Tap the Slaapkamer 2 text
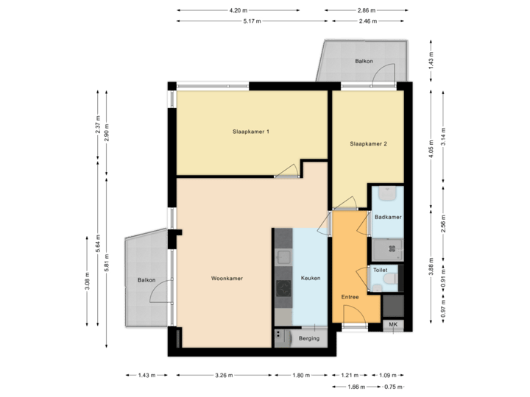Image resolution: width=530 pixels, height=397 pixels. click(368, 144)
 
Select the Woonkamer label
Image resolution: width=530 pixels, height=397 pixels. click(227, 279)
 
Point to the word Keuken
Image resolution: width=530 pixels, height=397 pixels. click(311, 279)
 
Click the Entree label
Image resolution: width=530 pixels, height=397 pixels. click(349, 297)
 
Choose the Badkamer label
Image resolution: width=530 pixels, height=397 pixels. click(387, 218)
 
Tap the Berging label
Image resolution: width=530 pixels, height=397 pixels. click(310, 338)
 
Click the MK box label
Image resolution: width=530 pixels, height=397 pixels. click(393, 324)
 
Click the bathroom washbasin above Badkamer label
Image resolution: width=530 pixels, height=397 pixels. click(388, 194)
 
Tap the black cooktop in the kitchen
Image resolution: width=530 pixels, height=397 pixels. click(283, 287)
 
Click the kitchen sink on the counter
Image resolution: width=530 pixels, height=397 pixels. click(283, 257)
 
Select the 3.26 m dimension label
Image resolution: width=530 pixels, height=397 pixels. click(224, 375)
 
